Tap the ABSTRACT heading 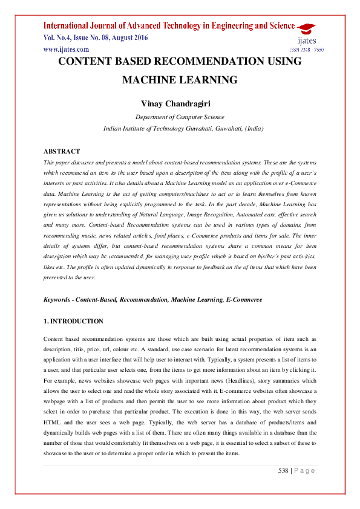tap(62, 151)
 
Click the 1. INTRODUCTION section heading tap(73, 321)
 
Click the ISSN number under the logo tap(307, 50)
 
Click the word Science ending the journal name tap(276, 25)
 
